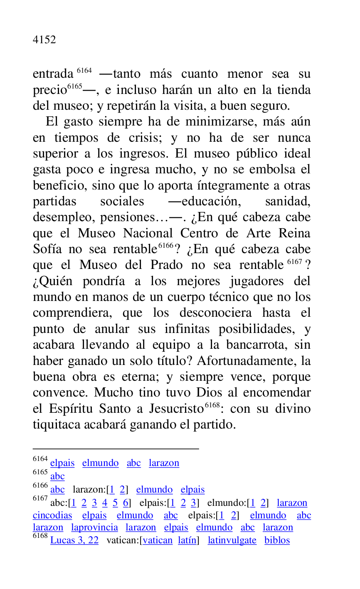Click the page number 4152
pyautogui.click(x=44, y=40)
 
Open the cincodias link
pyautogui.click(x=52, y=516)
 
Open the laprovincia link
pyautogui.click(x=94, y=528)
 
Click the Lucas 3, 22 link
pyautogui.click(x=74, y=541)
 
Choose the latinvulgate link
pyautogui.click(x=232, y=541)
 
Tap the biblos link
pyautogui.click(x=277, y=541)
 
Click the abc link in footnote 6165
pyautogui.click(x=57, y=477)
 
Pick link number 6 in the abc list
pyautogui.click(x=126, y=503)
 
